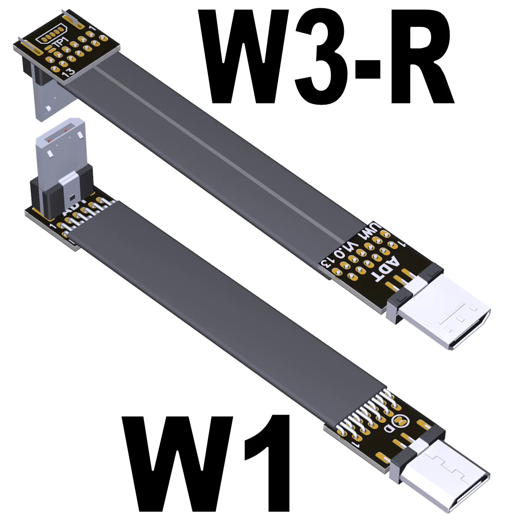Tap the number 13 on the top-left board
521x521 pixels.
69,74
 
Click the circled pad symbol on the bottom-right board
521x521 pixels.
400,420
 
